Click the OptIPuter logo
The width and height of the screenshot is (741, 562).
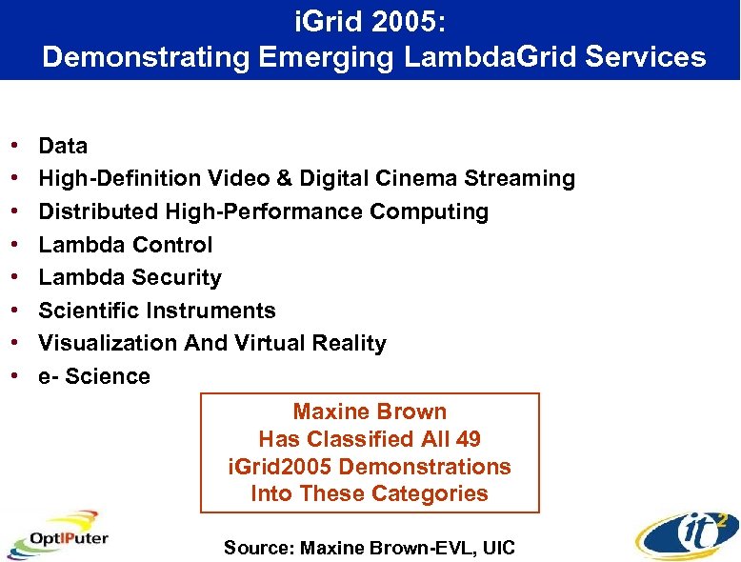pos(59,536)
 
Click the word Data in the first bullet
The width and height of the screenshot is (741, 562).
pos(63,146)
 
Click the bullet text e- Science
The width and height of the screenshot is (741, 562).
pos(94,376)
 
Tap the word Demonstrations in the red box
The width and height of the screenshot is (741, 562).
pos(425,467)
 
